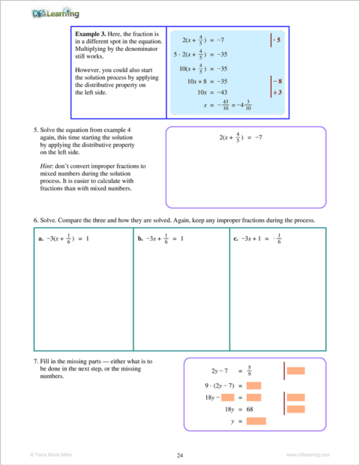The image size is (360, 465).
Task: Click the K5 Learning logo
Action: point(56,13)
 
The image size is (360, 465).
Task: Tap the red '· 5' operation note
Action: point(276,38)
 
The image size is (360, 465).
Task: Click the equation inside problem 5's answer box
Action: point(238,138)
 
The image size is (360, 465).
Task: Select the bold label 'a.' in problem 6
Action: point(40,238)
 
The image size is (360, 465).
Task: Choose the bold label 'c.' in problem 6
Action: point(236,238)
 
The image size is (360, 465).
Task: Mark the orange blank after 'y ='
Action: point(256,421)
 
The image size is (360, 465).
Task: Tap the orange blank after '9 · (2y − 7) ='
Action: point(253,385)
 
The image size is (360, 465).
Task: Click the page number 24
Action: point(180,454)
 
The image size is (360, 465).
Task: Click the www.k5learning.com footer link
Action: point(307,454)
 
